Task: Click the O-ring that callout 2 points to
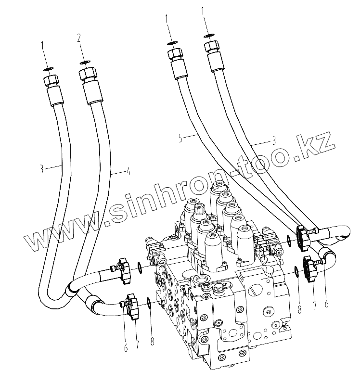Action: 85,62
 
